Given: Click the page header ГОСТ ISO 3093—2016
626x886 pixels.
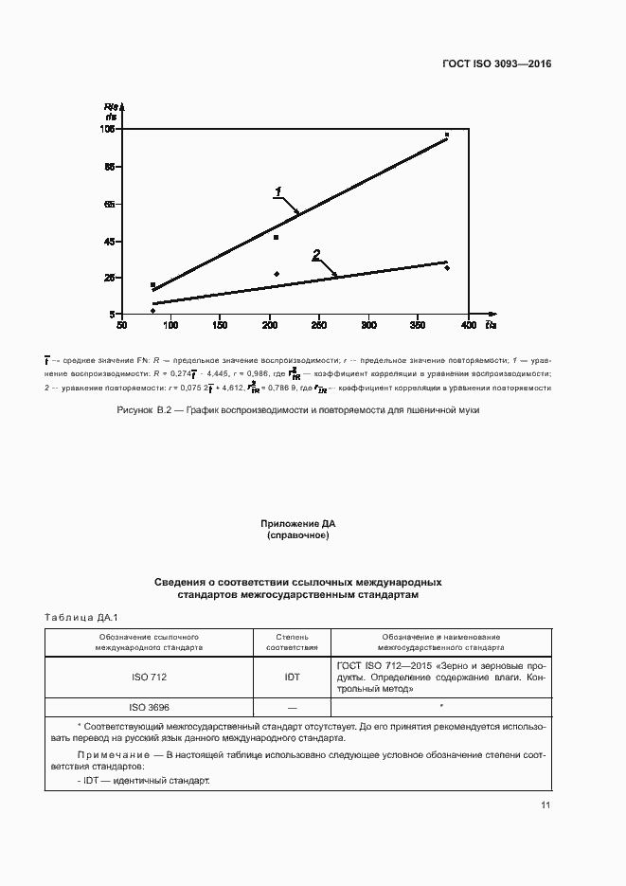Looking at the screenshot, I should click(x=496, y=64).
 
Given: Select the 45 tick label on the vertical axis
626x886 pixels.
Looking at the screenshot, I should click(x=110, y=242).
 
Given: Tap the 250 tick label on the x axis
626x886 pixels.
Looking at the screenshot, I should click(x=319, y=326).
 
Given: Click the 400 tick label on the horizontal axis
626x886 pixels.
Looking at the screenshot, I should click(x=468, y=326).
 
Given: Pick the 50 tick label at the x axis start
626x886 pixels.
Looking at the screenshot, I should click(x=121, y=326).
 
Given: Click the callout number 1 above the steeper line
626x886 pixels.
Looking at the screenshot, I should click(x=278, y=191).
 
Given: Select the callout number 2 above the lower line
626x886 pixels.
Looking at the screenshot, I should click(x=316, y=254).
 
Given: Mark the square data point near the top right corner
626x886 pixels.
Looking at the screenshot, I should click(x=447, y=136).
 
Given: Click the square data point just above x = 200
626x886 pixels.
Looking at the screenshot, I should click(x=276, y=237).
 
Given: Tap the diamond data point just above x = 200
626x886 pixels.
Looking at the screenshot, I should click(x=277, y=274).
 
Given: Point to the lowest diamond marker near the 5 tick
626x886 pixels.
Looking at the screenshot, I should click(x=152, y=311).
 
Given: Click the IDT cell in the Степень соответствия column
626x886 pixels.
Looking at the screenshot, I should click(x=292, y=678).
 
